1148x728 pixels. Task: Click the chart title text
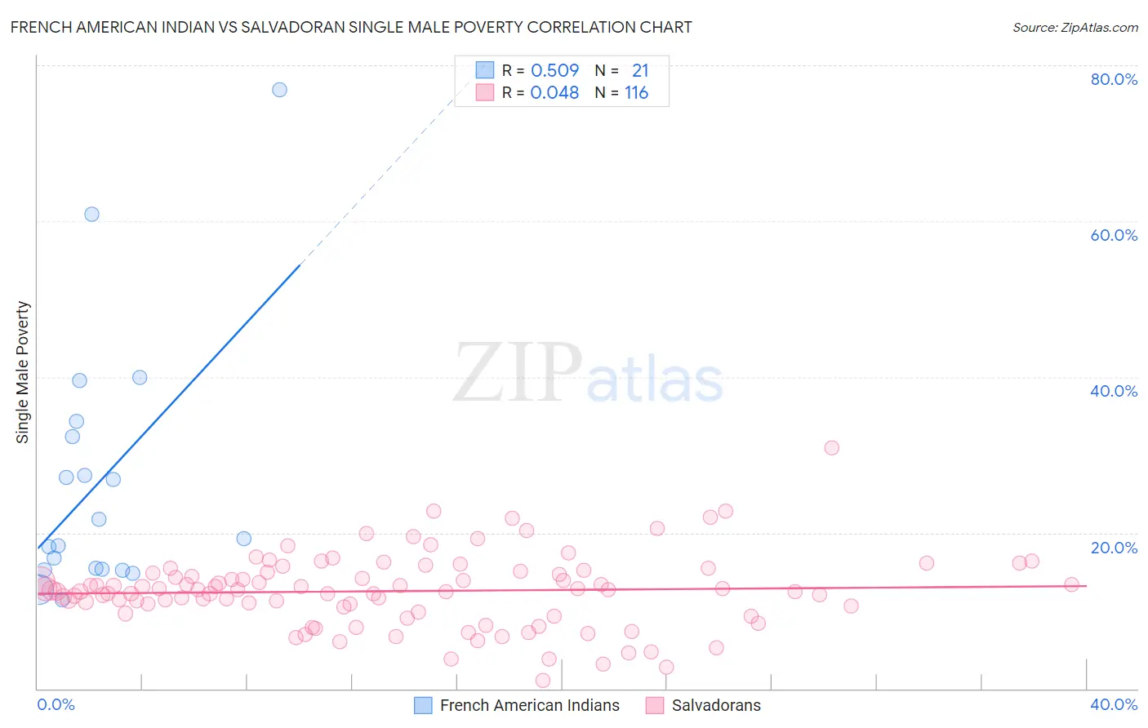tap(351, 27)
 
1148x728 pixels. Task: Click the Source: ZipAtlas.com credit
tap(1075, 27)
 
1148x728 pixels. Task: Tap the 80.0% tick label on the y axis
tap(1114, 79)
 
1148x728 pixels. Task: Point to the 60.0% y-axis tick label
tap(1114, 235)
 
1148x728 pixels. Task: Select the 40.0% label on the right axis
tap(1114, 391)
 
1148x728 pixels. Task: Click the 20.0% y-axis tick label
tap(1114, 548)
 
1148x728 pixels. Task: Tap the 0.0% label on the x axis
tap(56, 704)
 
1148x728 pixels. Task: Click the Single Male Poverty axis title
tap(23, 372)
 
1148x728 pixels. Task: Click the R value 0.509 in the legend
tap(554, 71)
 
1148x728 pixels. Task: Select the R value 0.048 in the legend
tap(554, 93)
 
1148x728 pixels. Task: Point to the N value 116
tap(636, 93)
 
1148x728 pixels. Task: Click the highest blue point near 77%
tap(279, 90)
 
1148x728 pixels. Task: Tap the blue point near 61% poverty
tap(91, 214)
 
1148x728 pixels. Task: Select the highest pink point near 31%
tap(831, 447)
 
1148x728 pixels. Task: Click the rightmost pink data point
tap(1071, 584)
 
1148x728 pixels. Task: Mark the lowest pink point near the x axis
tap(543, 680)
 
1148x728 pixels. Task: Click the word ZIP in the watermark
tap(518, 373)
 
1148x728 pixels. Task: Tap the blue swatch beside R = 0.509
tap(485, 70)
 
